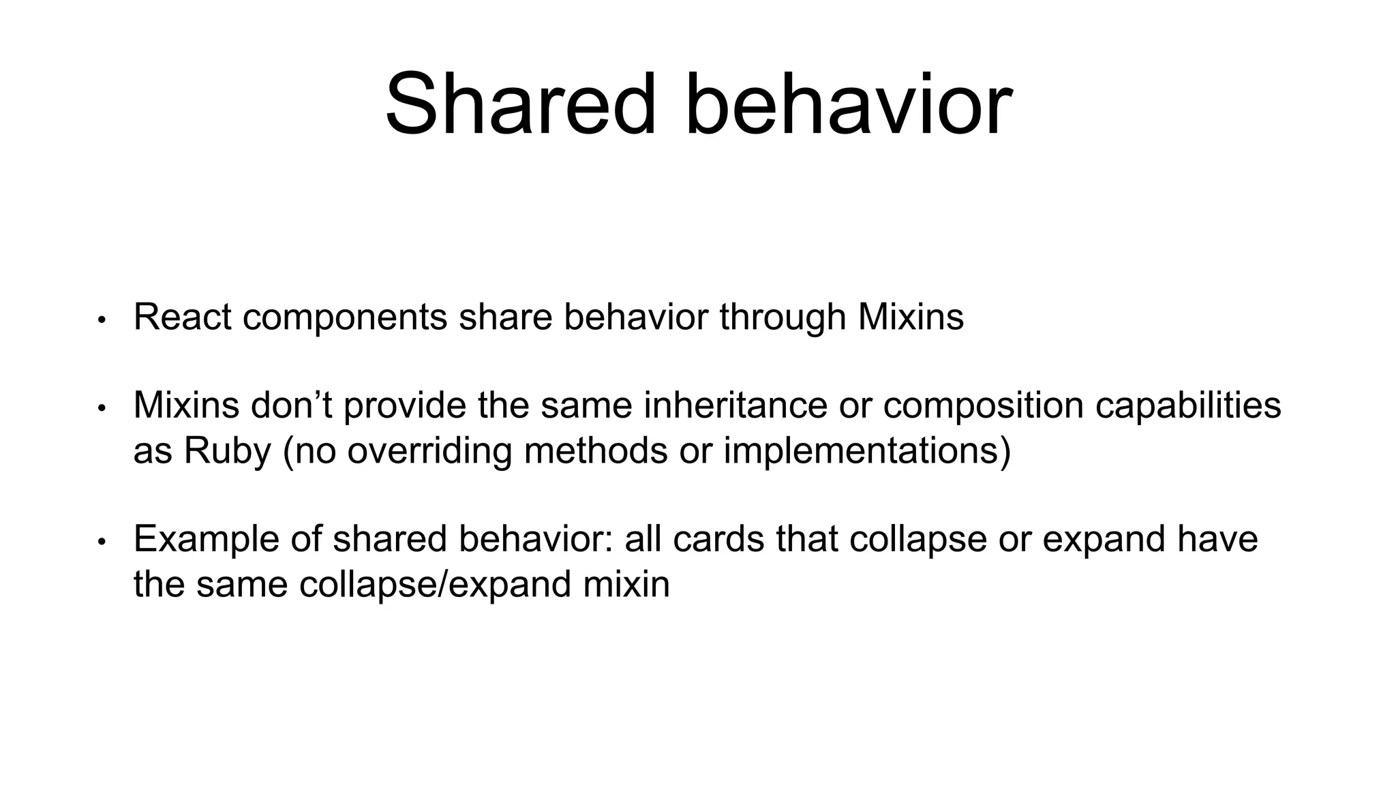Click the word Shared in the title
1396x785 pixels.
point(521,106)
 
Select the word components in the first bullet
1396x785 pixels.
point(345,318)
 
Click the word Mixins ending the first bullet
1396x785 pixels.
point(911,317)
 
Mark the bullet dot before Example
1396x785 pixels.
point(102,542)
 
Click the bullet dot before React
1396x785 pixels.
point(102,320)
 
